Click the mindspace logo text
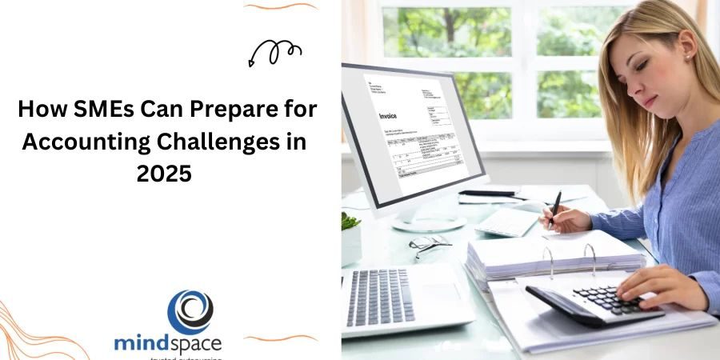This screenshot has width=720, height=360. click(167, 343)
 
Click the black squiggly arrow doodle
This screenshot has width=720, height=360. click(274, 54)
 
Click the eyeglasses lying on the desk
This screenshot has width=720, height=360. click(429, 243)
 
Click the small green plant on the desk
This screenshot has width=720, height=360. click(350, 222)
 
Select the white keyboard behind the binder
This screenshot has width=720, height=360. click(507, 222)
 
